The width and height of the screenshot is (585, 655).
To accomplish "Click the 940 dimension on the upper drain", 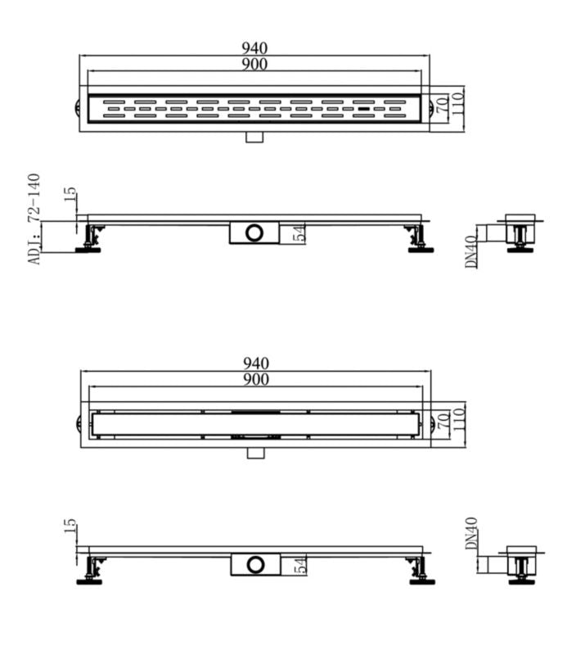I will pos(255,48).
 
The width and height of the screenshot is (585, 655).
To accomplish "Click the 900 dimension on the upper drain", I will pos(255,64).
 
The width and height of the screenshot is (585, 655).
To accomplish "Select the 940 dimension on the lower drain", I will pos(255,364).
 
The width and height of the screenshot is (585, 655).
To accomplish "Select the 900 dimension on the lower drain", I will pos(255,379).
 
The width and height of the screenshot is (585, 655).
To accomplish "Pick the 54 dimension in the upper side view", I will pos(299,233).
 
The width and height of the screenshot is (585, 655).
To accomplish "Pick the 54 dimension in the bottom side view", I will pos(299,563).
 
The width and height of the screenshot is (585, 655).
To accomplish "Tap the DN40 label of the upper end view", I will pos(472,253).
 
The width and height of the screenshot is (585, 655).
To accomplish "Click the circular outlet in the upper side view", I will pos(255,233).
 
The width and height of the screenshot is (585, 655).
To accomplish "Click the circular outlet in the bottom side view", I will pos(255,564).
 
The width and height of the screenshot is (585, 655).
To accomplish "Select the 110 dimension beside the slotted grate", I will pos(459,105).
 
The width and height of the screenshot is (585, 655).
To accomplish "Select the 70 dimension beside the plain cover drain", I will pos(443,422).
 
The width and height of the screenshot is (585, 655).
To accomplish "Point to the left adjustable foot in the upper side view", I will pos(90,240).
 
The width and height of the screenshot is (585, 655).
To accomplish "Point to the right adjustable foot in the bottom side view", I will pos(421,571).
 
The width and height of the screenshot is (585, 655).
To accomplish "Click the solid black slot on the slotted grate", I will pos(363,107).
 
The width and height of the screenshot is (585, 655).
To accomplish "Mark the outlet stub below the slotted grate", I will pos(254,136).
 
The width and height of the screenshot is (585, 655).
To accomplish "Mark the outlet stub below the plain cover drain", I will pos(255,453).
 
